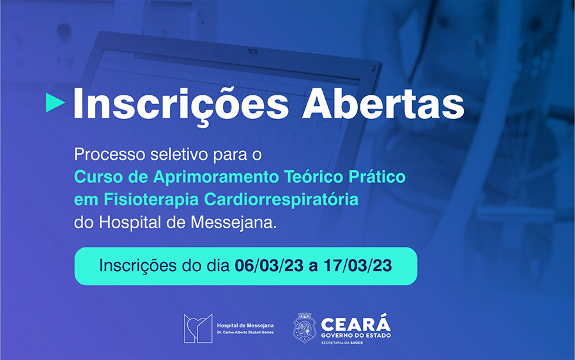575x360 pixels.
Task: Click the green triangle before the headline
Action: (55, 102)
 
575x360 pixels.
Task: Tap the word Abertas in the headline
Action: (383, 104)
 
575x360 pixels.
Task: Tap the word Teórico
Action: (314, 177)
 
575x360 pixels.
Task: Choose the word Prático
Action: (377, 177)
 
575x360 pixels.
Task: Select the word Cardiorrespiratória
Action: (281, 200)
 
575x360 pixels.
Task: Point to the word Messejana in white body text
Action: (234, 223)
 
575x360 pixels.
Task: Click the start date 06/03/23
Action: (269, 266)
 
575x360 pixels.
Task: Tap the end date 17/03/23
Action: (358, 266)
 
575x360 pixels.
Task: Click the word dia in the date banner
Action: (218, 266)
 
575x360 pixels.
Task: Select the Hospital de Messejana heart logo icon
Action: (198, 329)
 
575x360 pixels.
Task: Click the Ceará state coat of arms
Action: (304, 327)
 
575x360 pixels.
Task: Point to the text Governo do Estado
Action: (356, 336)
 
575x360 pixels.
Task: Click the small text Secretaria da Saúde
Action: (342, 343)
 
